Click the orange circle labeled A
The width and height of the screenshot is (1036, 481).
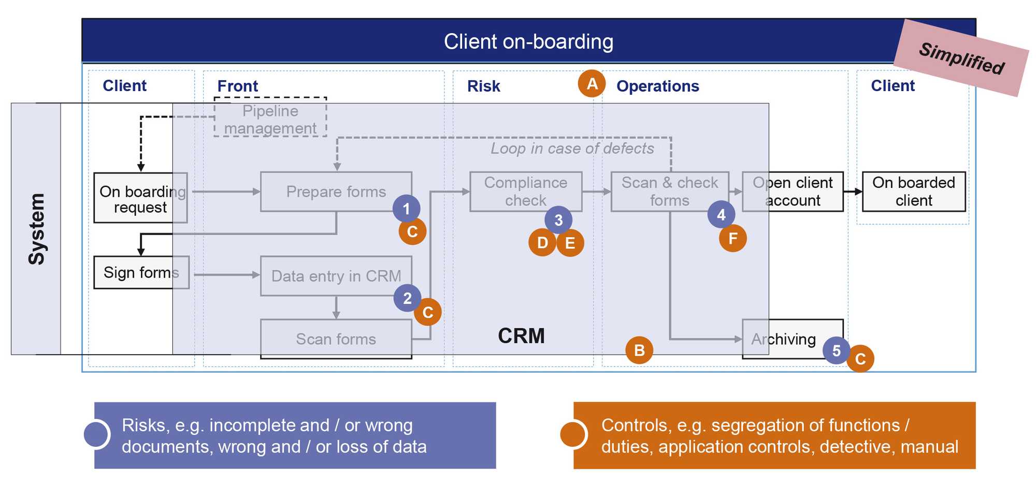tap(592, 83)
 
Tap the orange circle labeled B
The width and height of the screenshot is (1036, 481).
tap(639, 350)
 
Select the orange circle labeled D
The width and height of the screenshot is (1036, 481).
tap(542, 243)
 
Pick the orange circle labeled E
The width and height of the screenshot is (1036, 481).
tap(570, 243)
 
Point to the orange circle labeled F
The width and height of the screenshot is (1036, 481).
tap(733, 238)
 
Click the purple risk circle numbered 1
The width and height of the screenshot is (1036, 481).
tap(406, 209)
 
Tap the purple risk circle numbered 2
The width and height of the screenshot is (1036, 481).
tap(407, 298)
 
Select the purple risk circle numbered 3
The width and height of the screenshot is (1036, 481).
tap(558, 220)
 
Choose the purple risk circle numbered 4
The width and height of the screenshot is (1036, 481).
tap(721, 214)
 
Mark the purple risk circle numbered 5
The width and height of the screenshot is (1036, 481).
tap(836, 351)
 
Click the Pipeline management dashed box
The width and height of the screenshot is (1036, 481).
tap(270, 117)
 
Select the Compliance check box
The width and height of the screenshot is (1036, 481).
tap(526, 192)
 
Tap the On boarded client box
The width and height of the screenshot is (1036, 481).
tap(914, 192)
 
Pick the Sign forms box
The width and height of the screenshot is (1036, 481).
tap(141, 272)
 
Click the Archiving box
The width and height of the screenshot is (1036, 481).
tap(793, 339)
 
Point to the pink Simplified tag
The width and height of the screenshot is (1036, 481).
tap(961, 58)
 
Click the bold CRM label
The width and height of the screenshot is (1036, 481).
tap(521, 336)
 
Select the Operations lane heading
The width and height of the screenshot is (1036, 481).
tap(658, 86)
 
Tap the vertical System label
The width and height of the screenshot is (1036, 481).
tap(36, 229)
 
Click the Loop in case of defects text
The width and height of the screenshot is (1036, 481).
tap(572, 149)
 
